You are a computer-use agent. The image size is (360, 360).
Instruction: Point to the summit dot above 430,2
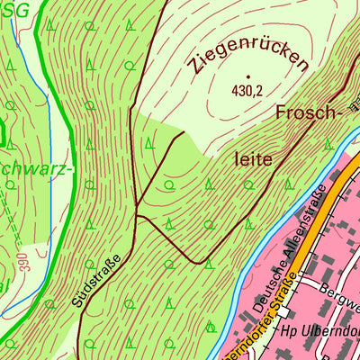246,76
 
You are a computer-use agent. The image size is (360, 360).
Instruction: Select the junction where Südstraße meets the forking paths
136,214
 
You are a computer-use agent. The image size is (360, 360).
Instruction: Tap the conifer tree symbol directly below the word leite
247,184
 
